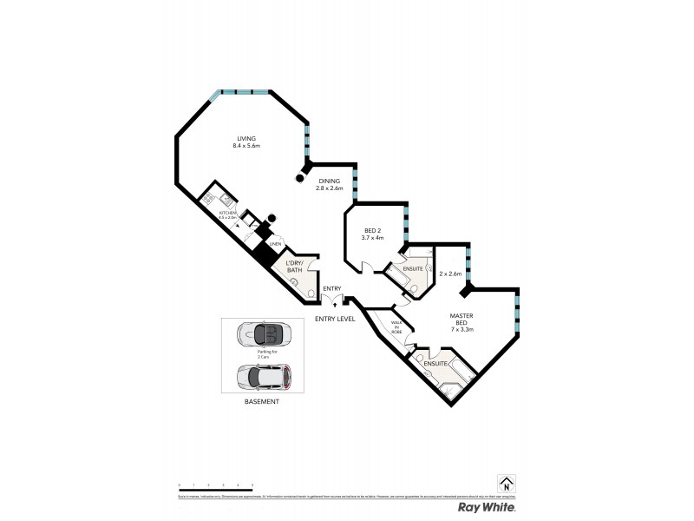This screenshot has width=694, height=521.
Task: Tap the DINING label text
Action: [x=329, y=181]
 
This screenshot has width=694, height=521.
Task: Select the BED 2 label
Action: [x=373, y=229]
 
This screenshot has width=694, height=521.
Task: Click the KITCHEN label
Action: [x=227, y=213]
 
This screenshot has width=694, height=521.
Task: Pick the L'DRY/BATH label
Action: [x=294, y=267]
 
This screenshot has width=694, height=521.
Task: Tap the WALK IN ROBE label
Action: [x=396, y=327]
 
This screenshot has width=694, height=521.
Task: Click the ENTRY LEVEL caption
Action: [x=335, y=319]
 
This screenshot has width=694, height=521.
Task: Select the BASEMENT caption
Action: [x=261, y=402]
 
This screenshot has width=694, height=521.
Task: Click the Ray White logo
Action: [x=487, y=506]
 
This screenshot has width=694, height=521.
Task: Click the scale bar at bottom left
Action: [x=215, y=491]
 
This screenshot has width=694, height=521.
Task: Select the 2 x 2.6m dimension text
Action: [x=450, y=274]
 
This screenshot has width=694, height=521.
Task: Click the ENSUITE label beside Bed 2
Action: [x=413, y=269]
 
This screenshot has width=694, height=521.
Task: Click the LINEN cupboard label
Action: [x=276, y=244]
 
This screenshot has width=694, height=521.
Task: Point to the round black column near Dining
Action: [x=300, y=179]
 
